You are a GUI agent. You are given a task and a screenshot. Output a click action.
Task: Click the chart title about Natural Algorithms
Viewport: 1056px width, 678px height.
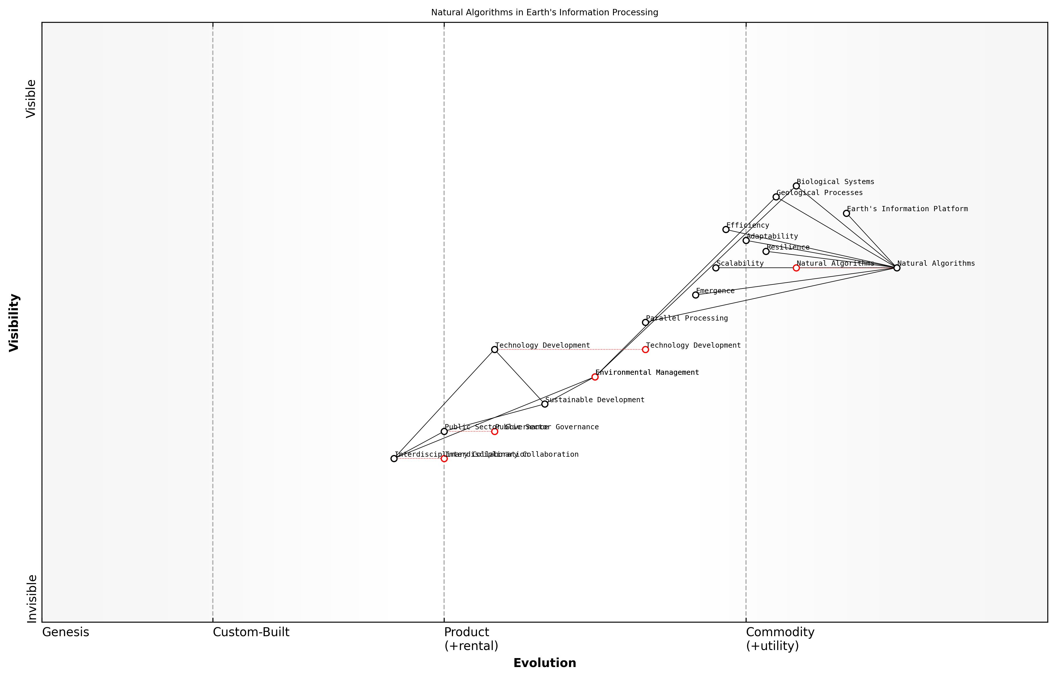[544, 12]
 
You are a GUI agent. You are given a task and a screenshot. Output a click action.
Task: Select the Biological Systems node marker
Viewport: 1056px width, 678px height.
[796, 186]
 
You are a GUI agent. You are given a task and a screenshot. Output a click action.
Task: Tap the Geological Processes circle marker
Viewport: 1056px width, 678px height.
[776, 197]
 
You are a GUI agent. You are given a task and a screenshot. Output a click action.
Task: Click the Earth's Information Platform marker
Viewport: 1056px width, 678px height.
[846, 213]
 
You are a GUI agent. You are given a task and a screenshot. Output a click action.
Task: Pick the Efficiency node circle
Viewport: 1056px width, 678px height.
[726, 229]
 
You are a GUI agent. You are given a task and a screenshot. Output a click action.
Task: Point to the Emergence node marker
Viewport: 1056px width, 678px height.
[695, 295]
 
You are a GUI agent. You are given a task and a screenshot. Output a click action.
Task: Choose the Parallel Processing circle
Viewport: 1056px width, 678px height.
[645, 322]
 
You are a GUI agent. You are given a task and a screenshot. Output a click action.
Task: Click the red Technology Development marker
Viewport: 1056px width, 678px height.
[645, 350]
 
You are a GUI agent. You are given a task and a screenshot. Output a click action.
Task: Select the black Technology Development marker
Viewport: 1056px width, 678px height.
[494, 350]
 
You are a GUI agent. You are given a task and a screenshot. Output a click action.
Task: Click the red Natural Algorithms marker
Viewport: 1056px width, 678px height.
[796, 268]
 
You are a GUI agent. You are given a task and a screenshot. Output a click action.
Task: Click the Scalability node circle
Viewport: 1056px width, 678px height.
[715, 268]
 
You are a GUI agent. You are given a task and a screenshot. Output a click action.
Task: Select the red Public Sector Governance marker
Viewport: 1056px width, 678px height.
[494, 431]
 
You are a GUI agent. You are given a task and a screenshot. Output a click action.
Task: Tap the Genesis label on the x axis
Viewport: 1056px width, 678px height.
[65, 632]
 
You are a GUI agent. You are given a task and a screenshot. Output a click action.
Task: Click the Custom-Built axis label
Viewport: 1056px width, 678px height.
[251, 632]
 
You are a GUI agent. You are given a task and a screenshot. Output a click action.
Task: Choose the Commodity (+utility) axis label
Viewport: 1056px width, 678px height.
[780, 639]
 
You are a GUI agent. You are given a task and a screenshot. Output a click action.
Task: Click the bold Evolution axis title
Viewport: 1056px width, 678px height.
[544, 663]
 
